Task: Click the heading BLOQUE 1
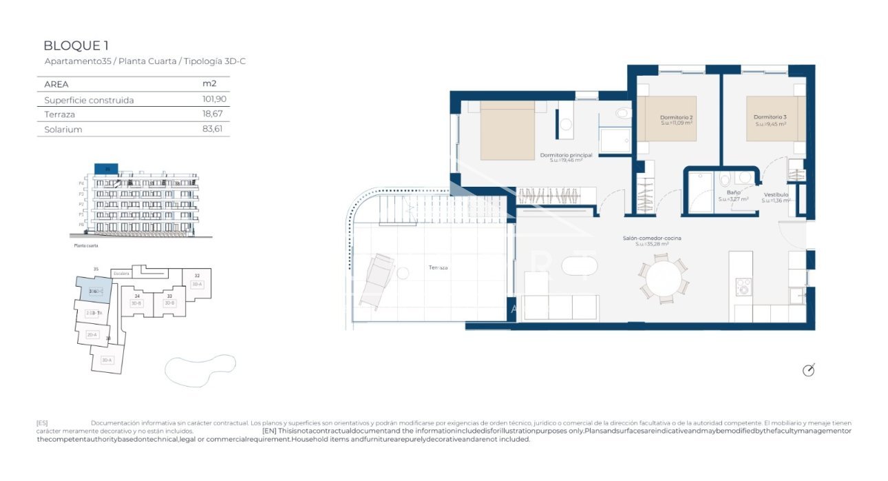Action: coord(76,46)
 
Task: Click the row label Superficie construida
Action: coord(89,100)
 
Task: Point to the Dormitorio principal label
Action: coord(566,156)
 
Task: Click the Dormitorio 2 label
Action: coord(677,118)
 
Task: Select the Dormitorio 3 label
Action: coord(770,118)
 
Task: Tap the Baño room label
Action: coord(733,194)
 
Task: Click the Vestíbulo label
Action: coord(775,195)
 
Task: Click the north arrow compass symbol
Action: coord(809,370)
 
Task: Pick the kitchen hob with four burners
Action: coord(743,287)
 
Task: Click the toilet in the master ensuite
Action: coord(622,113)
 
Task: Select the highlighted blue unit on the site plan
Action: coord(90,289)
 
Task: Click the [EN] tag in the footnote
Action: coord(269,431)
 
